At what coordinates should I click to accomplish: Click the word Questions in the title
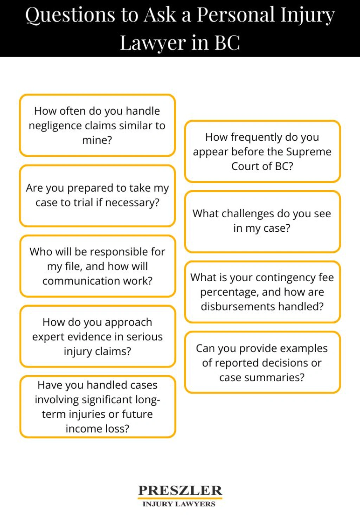[x=70, y=15]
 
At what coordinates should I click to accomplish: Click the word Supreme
[x=308, y=152]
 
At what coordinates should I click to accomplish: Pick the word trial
[x=83, y=203]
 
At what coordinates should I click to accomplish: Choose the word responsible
[x=119, y=252]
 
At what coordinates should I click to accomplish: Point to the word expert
[x=48, y=337]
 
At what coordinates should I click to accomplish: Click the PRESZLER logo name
[x=180, y=490]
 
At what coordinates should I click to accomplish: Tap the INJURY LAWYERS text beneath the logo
[x=179, y=504]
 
